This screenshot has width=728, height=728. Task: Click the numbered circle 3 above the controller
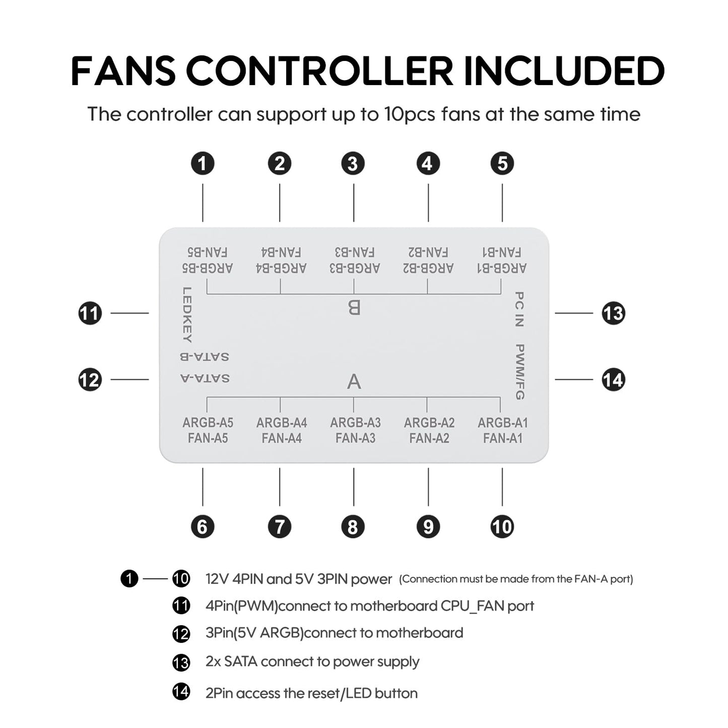353,164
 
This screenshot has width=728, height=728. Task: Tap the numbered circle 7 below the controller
280,526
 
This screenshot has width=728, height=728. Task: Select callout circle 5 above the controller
502,164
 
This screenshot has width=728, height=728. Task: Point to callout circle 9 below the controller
428,526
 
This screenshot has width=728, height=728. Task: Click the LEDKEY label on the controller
187,315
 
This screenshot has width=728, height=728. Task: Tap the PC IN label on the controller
519,309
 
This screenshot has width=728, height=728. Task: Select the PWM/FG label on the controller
519,372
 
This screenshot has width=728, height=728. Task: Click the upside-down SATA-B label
205,357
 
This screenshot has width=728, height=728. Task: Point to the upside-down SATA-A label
205,378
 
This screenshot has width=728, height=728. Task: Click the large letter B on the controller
354,307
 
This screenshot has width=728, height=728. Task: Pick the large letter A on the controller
354,381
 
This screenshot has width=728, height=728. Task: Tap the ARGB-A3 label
356,423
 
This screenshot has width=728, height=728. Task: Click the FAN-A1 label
502,438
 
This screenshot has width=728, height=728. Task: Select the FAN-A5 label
208,438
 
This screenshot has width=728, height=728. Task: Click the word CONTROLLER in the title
319,71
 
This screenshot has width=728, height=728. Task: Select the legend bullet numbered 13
181,663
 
